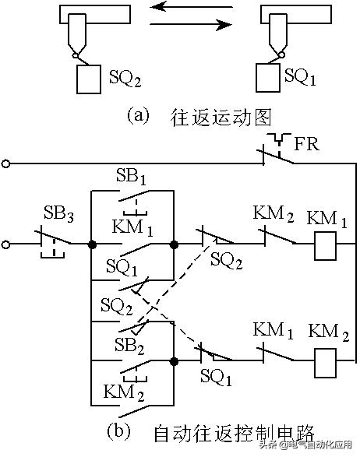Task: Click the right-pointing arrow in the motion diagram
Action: tap(191, 25)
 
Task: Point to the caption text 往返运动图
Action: tap(222, 118)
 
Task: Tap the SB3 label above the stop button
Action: tap(55, 213)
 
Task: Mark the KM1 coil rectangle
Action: tap(324, 244)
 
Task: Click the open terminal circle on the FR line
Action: tap(7, 164)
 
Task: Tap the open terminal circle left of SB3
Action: tap(7, 244)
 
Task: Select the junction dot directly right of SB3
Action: tap(92, 244)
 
